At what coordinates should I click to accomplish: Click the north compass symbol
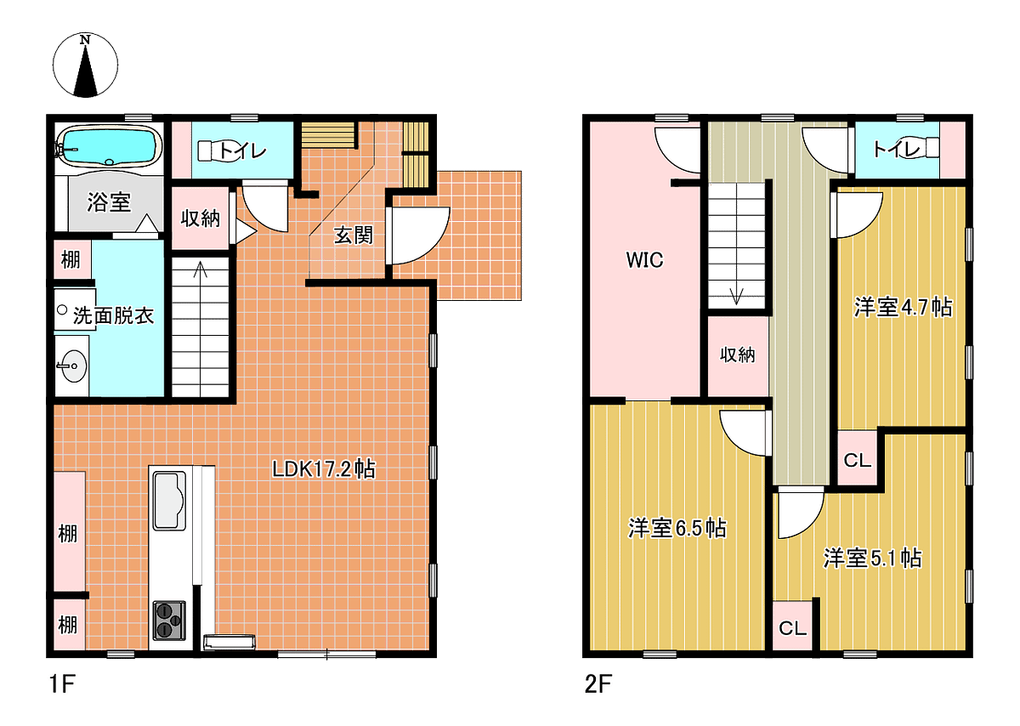[x=85, y=65]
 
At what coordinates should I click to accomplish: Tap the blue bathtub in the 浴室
[x=110, y=145]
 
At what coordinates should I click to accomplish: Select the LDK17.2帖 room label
[x=323, y=469]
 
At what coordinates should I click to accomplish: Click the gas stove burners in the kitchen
[x=169, y=620]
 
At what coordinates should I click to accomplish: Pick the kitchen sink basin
[x=169, y=501]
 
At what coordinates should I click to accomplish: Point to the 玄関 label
[x=354, y=235]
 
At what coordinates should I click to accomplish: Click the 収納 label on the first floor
[x=201, y=218]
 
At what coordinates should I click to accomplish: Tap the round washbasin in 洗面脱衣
[x=73, y=366]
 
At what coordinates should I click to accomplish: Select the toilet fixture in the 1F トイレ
[x=209, y=150]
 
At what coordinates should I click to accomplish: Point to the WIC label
[x=645, y=259]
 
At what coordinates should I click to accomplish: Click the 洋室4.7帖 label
[x=904, y=307]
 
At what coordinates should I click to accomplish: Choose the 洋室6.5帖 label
[x=677, y=528]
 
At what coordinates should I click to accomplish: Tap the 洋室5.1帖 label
[x=872, y=558]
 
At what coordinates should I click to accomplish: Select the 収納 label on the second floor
[x=738, y=354]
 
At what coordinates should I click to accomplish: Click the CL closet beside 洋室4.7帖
[x=858, y=459]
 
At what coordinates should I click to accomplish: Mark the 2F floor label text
[x=598, y=683]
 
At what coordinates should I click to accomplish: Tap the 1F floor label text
[x=62, y=683]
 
